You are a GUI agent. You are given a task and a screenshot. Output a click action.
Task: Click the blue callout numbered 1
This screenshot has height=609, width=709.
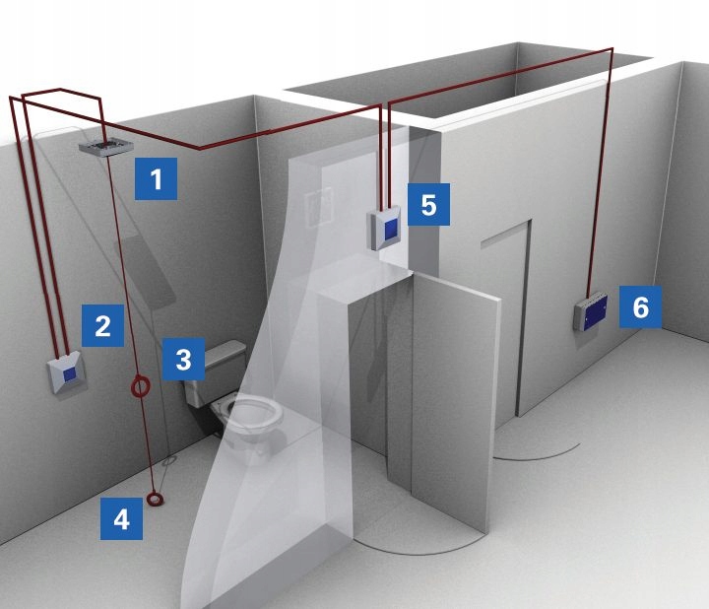coord(156,178)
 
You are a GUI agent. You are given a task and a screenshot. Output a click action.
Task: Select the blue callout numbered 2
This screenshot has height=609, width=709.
coord(102,325)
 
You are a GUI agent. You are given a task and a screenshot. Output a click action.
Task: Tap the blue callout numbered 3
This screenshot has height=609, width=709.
coord(183,359)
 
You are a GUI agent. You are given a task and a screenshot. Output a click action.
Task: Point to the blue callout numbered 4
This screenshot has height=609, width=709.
coord(121,518)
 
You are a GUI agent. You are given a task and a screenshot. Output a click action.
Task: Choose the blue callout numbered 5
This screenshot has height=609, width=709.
coord(428,204)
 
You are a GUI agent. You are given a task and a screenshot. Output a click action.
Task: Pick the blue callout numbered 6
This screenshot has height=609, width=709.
coord(640,306)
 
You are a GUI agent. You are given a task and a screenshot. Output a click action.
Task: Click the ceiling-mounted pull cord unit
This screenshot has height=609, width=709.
coord(106,147)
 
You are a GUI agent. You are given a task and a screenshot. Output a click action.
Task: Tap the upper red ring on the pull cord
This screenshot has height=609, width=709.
coord(140,386)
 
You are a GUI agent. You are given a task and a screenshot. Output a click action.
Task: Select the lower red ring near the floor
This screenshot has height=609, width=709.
coord(156,499)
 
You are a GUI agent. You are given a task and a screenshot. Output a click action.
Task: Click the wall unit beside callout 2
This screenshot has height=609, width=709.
coord(67,372)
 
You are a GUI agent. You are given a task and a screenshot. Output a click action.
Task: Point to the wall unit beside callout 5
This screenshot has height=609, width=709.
coord(386,228)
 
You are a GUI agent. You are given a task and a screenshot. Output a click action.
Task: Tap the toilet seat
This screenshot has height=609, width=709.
coord(252,412)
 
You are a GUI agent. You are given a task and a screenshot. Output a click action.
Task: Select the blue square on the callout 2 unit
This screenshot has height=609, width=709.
coord(69,374)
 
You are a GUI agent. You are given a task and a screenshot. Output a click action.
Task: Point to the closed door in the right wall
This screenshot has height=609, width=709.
coord(506,316)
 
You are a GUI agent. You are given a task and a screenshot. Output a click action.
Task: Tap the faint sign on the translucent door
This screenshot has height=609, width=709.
coord(319,206)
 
